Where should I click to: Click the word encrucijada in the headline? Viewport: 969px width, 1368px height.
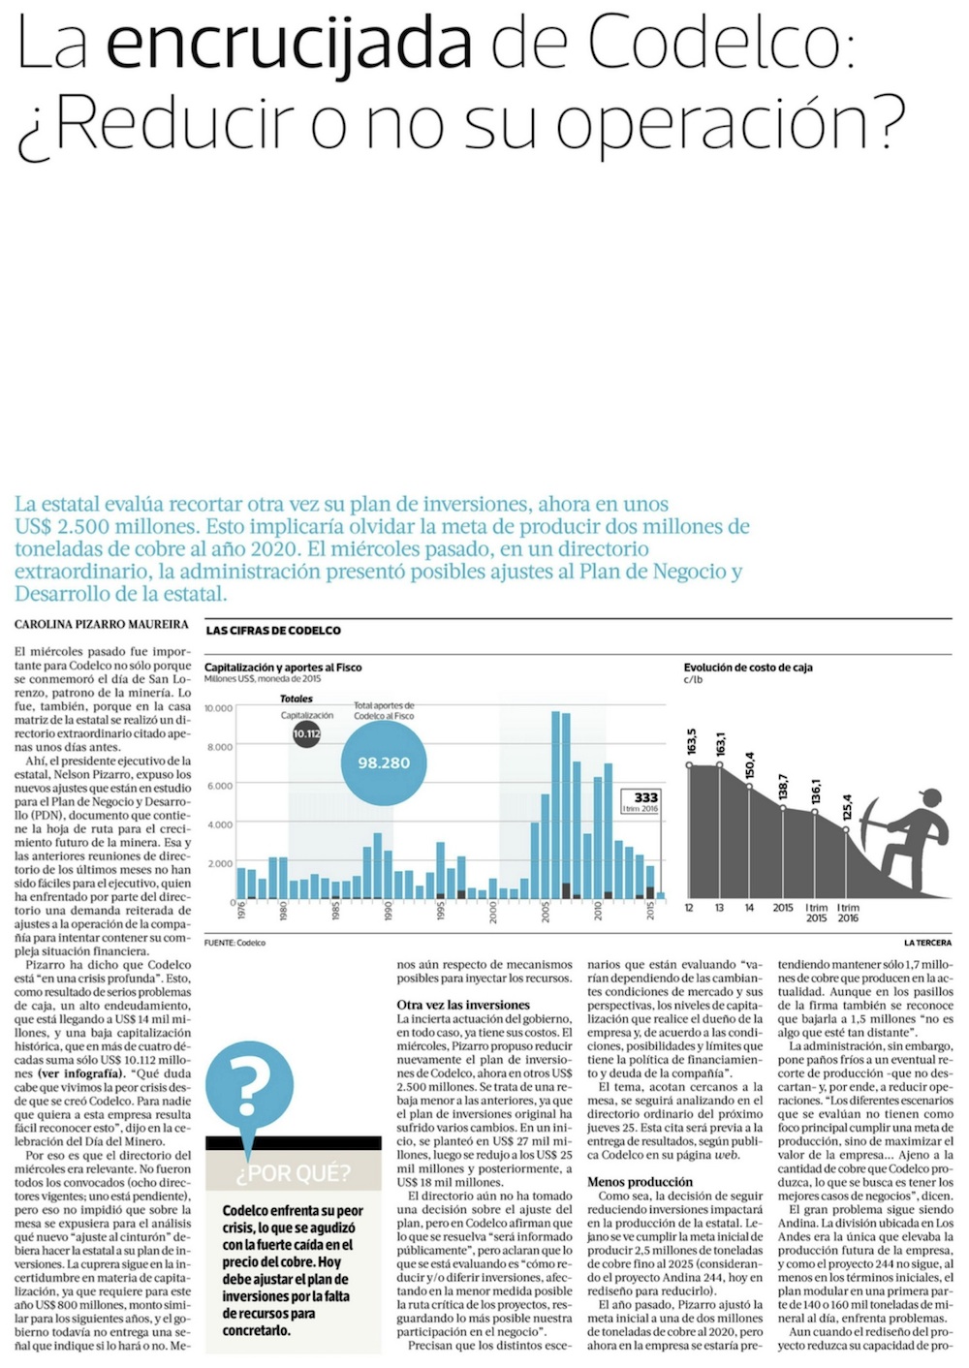point(289,44)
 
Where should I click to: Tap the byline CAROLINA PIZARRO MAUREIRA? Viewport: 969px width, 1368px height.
point(102,625)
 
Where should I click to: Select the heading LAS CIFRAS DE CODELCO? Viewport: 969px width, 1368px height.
point(273,631)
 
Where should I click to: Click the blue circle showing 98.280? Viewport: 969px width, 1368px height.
point(384,762)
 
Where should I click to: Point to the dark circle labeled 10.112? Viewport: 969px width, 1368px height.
point(306,733)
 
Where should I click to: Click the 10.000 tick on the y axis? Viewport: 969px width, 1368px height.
point(218,708)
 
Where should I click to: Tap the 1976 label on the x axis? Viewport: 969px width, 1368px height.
point(242,910)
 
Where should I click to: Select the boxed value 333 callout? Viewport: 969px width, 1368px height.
point(641,801)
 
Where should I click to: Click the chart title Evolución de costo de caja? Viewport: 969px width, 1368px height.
point(748,668)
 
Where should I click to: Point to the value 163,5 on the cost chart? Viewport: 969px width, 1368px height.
point(691,742)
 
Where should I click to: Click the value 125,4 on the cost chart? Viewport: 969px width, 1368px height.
point(847,807)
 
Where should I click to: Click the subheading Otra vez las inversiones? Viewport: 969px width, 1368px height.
point(463,1005)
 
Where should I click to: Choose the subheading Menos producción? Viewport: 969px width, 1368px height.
point(640,1182)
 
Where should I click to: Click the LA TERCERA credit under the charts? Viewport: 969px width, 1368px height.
point(927,943)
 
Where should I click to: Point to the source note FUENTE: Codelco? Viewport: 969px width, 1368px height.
point(234,943)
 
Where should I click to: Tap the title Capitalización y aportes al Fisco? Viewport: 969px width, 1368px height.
point(283,668)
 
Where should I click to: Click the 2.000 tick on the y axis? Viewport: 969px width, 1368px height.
point(220,863)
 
